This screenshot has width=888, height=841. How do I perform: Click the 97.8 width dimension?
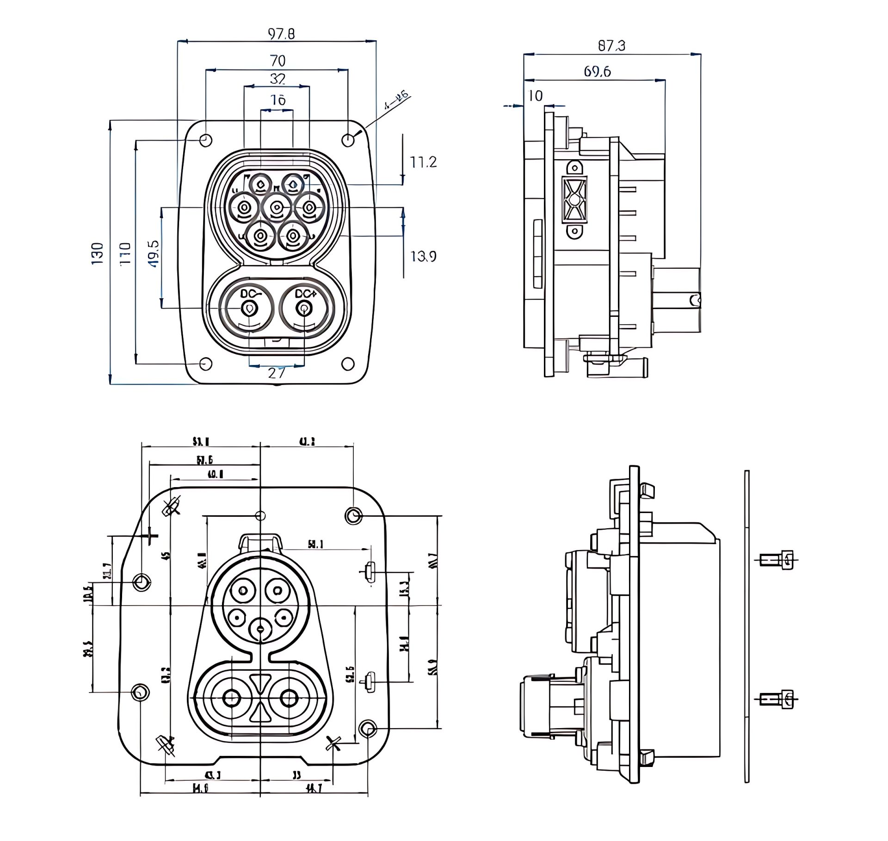pyautogui.click(x=281, y=34)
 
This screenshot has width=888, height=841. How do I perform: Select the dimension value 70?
pyautogui.click(x=277, y=61)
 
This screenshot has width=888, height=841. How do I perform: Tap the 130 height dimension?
pyautogui.click(x=97, y=253)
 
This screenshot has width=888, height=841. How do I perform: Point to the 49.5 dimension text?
pyautogui.click(x=154, y=253)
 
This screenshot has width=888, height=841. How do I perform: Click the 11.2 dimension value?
pyautogui.click(x=423, y=162)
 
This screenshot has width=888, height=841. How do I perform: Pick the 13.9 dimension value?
pyautogui.click(x=423, y=256)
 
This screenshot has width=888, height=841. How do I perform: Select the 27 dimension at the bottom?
pyautogui.click(x=276, y=372)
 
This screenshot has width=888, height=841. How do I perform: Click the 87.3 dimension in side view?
pyautogui.click(x=611, y=46)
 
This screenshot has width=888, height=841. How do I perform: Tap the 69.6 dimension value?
pyautogui.click(x=597, y=72)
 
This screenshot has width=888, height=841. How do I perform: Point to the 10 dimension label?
pyautogui.click(x=535, y=96)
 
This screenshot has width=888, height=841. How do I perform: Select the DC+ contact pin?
pyautogui.click(x=304, y=309)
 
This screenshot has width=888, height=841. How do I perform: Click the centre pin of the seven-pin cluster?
pyautogui.click(x=276, y=208)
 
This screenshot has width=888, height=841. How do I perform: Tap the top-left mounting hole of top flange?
pyautogui.click(x=205, y=140)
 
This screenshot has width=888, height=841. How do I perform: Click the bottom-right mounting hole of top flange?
pyautogui.click(x=348, y=364)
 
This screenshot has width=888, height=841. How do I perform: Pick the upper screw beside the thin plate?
pyautogui.click(x=779, y=560)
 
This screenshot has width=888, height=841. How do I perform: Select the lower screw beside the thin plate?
pyautogui.click(x=779, y=699)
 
